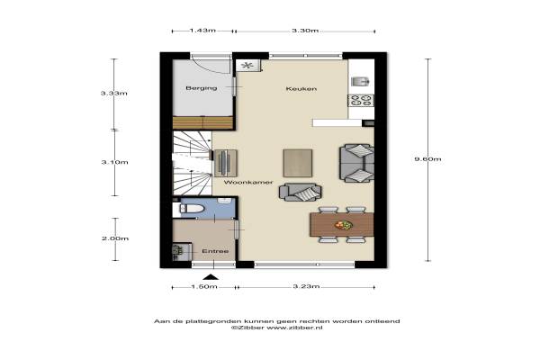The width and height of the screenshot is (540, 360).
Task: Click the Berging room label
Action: (202, 88)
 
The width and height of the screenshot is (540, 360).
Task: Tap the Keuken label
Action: (301, 89)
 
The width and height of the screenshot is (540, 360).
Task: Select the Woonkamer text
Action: (248, 182)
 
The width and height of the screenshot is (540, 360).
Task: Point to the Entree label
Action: (215, 251)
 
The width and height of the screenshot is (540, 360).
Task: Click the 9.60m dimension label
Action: (427, 159)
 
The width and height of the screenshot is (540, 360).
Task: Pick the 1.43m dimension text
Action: (202, 31)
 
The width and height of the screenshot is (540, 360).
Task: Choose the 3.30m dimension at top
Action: (305, 31)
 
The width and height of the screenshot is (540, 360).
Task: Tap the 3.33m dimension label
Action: (114, 93)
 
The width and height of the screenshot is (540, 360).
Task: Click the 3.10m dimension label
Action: (114, 162)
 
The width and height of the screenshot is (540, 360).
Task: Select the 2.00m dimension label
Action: (115, 238)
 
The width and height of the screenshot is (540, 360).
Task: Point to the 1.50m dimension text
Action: (204, 286)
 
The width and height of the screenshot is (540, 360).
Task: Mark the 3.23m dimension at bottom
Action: (306, 286)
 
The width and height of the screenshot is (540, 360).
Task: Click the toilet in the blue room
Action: (193, 209)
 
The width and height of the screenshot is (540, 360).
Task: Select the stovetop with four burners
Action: (361, 100)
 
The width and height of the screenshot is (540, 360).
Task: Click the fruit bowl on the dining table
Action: (344, 225)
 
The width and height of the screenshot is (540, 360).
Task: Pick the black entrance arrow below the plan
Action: (211, 276)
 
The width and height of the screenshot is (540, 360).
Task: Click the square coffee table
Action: (298, 163)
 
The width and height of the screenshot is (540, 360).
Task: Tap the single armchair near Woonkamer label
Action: (301, 193)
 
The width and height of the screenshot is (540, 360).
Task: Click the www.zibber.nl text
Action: (294, 328)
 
